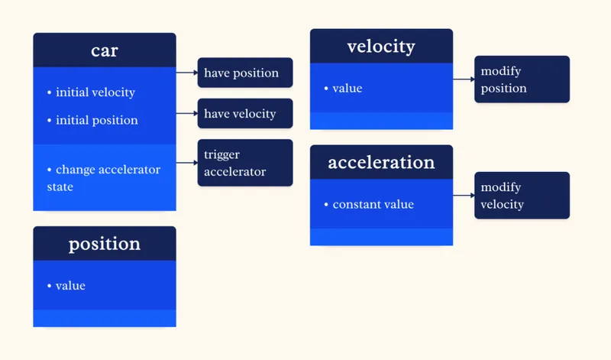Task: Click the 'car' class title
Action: tap(105, 50)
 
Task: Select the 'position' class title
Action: tap(105, 244)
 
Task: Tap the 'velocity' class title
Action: tap(381, 47)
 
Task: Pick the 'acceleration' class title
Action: tap(381, 163)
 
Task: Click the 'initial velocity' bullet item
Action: tap(95, 92)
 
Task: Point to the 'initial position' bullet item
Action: tap(96, 120)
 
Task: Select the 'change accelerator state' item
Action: tap(103, 177)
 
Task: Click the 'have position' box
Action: tap(245, 73)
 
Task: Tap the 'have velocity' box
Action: tap(245, 114)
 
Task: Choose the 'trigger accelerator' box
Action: tap(245, 163)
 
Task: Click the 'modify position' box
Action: tap(522, 79)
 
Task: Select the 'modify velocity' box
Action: tap(522, 196)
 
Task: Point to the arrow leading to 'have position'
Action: tap(187, 73)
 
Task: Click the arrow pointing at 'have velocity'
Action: tap(187, 114)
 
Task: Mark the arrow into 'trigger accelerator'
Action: tap(187, 163)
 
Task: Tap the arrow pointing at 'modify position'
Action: tap(464, 79)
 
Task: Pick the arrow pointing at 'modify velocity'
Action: tap(464, 196)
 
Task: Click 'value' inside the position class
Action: tap(70, 286)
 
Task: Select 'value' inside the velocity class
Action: tap(347, 89)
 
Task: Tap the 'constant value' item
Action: tap(373, 205)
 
